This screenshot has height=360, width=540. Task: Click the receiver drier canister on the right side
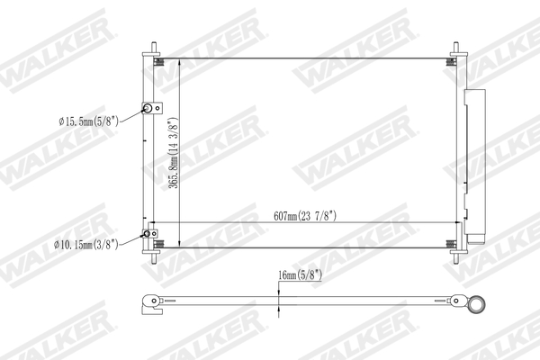point(472,162)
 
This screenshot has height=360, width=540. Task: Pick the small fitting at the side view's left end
point(151,303)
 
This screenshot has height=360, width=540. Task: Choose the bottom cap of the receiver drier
point(473,240)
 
